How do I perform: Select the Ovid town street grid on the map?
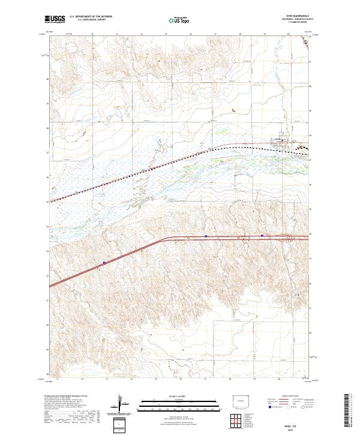[281, 143]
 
